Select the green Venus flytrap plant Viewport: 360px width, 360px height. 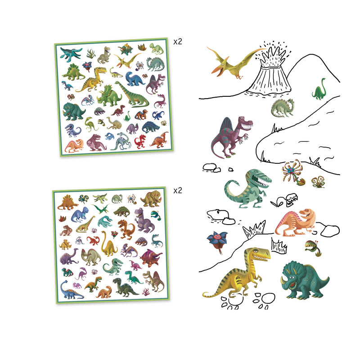point(310,245)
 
